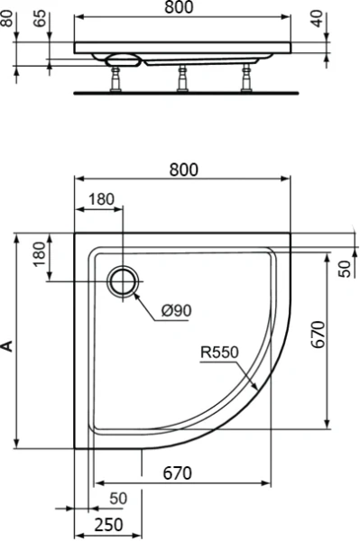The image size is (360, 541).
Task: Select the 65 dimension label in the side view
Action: [x=40, y=19]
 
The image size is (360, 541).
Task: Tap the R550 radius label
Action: [x=217, y=353]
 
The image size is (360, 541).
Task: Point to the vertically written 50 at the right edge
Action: [x=344, y=269]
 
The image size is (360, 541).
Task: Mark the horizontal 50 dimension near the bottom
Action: [x=118, y=498]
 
